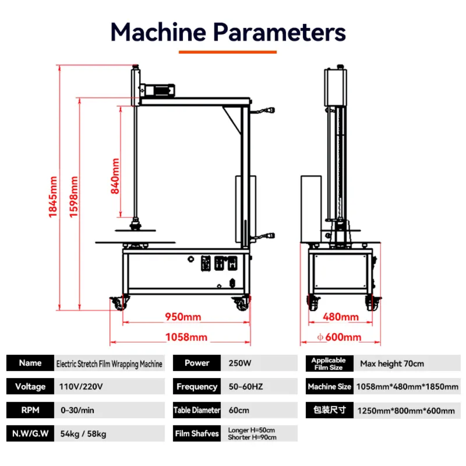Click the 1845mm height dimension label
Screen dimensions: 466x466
(x=53, y=197)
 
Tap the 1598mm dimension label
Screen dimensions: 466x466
(x=74, y=197)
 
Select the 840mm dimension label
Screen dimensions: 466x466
(x=115, y=176)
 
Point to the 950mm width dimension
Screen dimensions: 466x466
(x=183, y=317)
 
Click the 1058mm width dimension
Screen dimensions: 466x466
(x=186, y=337)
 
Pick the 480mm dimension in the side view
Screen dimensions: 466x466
(x=341, y=317)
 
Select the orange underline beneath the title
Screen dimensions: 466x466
(x=228, y=52)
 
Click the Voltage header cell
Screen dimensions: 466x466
(x=30, y=387)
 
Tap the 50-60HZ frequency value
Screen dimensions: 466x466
(x=246, y=387)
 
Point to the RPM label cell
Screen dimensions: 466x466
(x=30, y=410)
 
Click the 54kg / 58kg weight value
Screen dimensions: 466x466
(x=82, y=434)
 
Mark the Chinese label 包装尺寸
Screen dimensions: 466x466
(x=329, y=410)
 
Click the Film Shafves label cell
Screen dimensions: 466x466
(x=197, y=434)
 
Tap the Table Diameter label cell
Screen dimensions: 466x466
(x=197, y=410)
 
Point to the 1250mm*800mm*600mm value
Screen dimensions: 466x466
(x=406, y=410)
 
